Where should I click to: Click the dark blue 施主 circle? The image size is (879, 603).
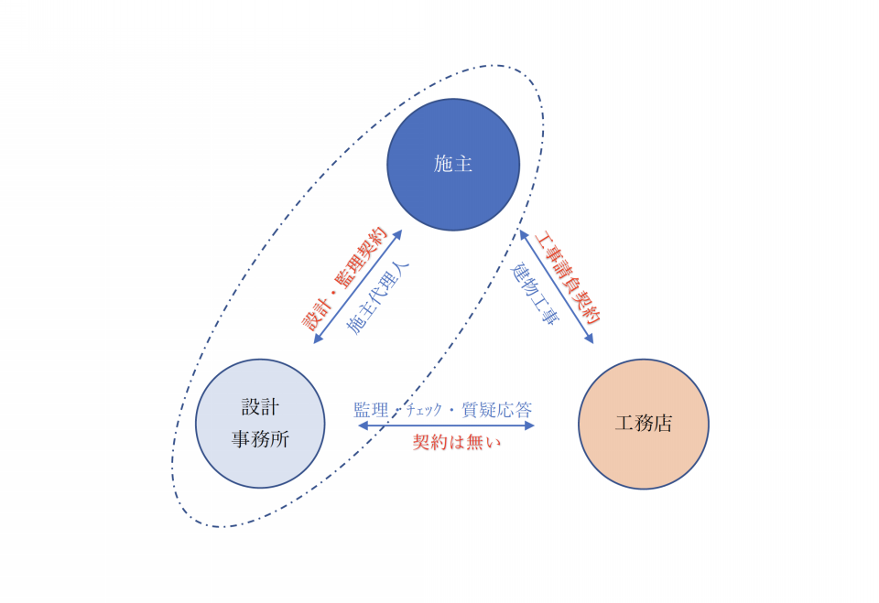click(453, 165)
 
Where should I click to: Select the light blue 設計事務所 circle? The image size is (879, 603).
click(260, 424)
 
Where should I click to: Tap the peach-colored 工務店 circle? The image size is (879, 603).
click(644, 425)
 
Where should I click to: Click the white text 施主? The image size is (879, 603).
click(453, 164)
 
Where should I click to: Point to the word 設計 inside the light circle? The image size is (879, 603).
click(260, 407)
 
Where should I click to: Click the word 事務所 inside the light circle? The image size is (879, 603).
click(260, 439)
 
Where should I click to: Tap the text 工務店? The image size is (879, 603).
click(644, 423)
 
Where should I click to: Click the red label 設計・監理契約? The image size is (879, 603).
click(343, 279)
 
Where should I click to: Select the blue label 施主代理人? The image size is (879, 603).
click(378, 297)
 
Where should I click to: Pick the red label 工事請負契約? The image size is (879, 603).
click(568, 277)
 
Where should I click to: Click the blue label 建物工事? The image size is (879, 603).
click(534, 294)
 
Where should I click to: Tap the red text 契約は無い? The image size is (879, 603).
click(456, 442)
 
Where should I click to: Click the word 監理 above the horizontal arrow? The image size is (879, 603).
click(371, 410)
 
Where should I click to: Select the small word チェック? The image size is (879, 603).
click(424, 410)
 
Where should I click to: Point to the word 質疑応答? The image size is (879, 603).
click(496, 410)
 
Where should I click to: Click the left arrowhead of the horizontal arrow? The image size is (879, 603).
click(363, 425)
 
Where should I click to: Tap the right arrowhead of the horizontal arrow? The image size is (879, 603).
click(529, 425)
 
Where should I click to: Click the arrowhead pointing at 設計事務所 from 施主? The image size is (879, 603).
click(318, 339)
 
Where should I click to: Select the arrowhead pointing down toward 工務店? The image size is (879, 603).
click(589, 338)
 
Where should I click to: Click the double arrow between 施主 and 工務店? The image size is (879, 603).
click(557, 286)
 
